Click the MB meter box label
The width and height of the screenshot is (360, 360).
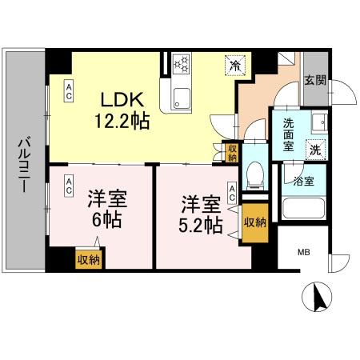[303, 254]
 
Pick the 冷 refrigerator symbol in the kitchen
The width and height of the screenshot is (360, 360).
[235, 65]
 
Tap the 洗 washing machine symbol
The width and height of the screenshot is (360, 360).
[316, 149]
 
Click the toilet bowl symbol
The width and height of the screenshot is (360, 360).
[255, 172]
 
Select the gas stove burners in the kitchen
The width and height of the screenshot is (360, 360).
[182, 63]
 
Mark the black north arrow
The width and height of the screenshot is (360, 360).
[318, 299]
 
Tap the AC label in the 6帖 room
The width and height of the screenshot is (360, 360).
[70, 185]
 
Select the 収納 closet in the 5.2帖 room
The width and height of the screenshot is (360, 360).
[254, 222]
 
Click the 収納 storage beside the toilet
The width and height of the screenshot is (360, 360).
[231, 151]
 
